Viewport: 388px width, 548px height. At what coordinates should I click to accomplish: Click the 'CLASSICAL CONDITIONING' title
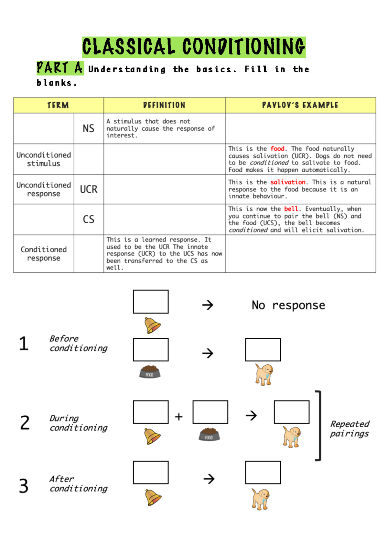(194, 47)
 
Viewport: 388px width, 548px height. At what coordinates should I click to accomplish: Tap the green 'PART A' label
(60, 68)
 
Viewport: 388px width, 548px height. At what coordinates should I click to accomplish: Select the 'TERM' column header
(58, 105)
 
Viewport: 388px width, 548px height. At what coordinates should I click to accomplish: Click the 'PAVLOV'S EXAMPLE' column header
(300, 105)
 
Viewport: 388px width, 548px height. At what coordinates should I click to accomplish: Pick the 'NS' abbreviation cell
(89, 128)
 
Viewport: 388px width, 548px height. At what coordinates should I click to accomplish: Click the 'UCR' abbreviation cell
(89, 189)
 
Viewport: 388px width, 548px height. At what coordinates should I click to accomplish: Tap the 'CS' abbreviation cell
(89, 219)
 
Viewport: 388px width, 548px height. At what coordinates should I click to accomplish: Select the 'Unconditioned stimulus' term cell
(44, 159)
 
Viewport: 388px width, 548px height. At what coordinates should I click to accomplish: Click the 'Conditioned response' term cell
(44, 254)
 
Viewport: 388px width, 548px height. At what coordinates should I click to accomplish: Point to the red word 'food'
(277, 149)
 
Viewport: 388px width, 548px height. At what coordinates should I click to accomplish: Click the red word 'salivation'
(288, 182)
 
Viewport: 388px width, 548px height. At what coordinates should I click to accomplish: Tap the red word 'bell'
(291, 209)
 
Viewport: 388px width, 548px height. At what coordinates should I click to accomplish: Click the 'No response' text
(288, 305)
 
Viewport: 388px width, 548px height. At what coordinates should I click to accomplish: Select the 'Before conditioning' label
(78, 343)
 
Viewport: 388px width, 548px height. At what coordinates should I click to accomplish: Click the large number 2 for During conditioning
(25, 423)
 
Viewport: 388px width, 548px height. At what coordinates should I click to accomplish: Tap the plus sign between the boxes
(179, 417)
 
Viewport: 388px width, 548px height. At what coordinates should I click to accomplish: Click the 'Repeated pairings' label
(350, 429)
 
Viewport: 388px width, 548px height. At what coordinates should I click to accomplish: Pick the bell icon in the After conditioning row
(153, 497)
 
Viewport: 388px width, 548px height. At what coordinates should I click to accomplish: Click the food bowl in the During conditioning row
(209, 434)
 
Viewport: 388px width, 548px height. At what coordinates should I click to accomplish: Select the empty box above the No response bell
(151, 302)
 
